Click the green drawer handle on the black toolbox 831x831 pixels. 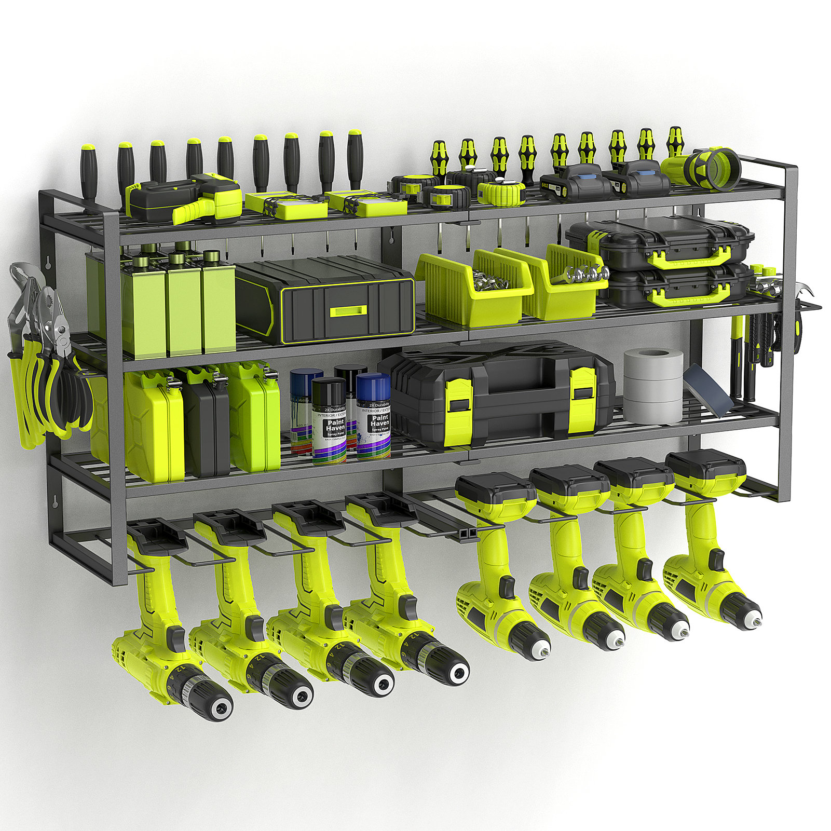click(x=348, y=311)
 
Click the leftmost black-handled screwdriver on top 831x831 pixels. click(x=89, y=171)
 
